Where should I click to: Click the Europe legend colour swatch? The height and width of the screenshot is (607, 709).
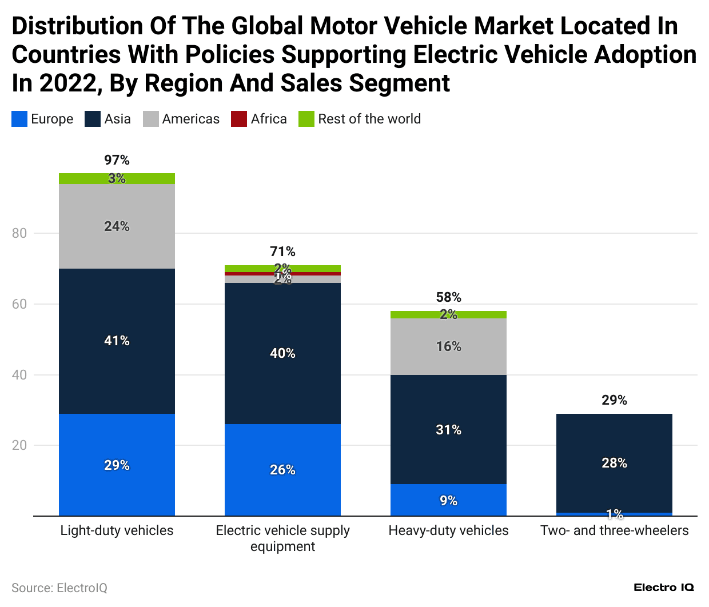pyautogui.click(x=19, y=119)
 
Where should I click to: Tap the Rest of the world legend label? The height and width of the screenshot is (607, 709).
pyautogui.click(x=369, y=119)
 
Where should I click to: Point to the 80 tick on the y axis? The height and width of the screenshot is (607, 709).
pyautogui.click(x=19, y=233)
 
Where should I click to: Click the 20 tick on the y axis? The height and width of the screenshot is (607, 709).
pyautogui.click(x=19, y=445)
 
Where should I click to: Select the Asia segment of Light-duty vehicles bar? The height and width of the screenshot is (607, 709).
pyautogui.click(x=117, y=341)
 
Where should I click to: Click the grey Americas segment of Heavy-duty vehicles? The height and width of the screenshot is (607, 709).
pyautogui.click(x=448, y=346)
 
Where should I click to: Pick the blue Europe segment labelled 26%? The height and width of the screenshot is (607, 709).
pyautogui.click(x=282, y=470)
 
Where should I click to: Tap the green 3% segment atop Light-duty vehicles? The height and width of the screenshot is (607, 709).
pyautogui.click(x=117, y=178)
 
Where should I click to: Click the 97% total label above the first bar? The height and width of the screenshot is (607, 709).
pyautogui.click(x=117, y=160)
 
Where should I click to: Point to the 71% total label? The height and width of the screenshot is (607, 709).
pyautogui.click(x=282, y=251)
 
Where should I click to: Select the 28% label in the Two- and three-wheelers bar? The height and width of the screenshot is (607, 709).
pyautogui.click(x=614, y=463)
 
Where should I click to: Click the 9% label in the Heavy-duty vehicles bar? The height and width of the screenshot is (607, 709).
pyautogui.click(x=448, y=501)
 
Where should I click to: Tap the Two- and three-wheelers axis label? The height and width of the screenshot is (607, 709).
pyautogui.click(x=614, y=530)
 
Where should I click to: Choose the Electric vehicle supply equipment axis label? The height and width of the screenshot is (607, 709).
pyautogui.click(x=282, y=538)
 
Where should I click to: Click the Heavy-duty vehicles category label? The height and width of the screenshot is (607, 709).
pyautogui.click(x=448, y=530)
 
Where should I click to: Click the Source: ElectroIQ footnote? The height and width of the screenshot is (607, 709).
pyautogui.click(x=59, y=588)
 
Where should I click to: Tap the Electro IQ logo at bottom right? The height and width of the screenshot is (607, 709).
pyautogui.click(x=663, y=588)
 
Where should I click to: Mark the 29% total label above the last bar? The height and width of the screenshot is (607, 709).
pyautogui.click(x=614, y=400)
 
